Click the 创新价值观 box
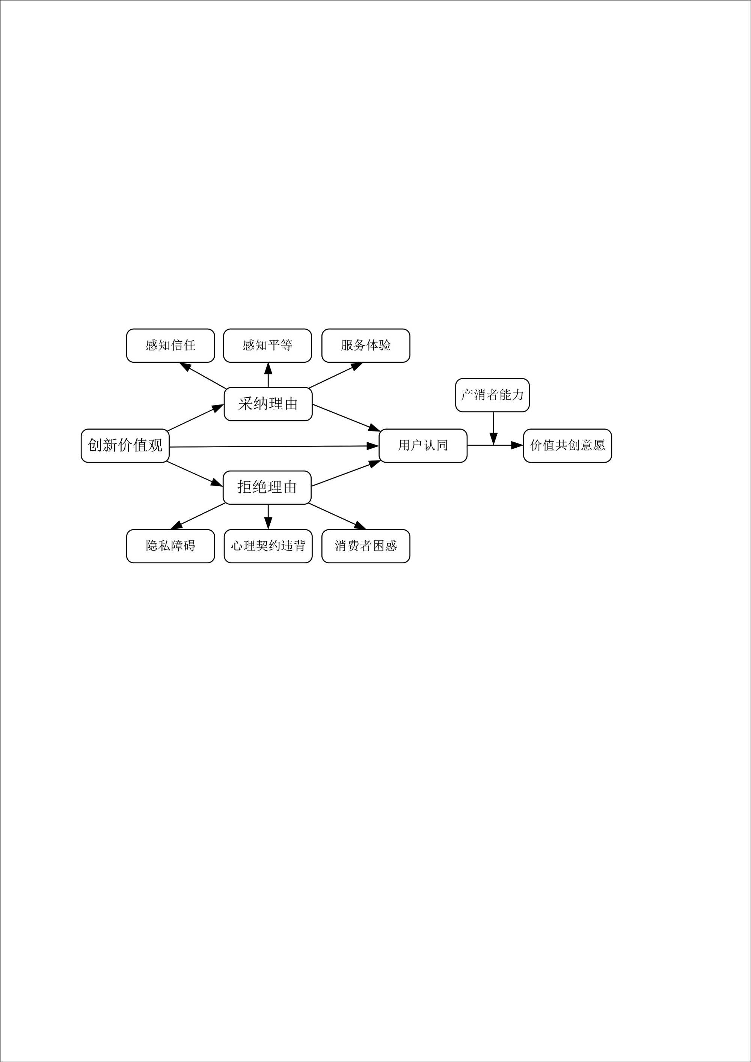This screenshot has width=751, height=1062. click(x=125, y=445)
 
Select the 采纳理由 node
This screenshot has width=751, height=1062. click(x=268, y=404)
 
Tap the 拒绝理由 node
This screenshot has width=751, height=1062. click(x=267, y=487)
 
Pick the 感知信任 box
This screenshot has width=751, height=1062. click(x=170, y=345)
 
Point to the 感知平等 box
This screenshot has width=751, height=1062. click(x=267, y=345)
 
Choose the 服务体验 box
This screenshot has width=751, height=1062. click(x=365, y=345)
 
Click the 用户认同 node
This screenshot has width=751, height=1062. click(x=423, y=445)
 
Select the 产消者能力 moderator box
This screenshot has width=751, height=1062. click(x=492, y=395)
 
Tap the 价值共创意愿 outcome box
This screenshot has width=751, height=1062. click(x=567, y=445)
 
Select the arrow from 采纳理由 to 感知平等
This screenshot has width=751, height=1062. click(x=268, y=375)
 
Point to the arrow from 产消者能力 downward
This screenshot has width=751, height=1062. click(x=493, y=428)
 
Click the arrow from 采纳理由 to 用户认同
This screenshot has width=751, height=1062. click(x=346, y=418)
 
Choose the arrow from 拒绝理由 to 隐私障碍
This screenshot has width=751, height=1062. click(x=198, y=516)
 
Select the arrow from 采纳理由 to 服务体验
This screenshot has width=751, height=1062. click(x=335, y=375)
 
